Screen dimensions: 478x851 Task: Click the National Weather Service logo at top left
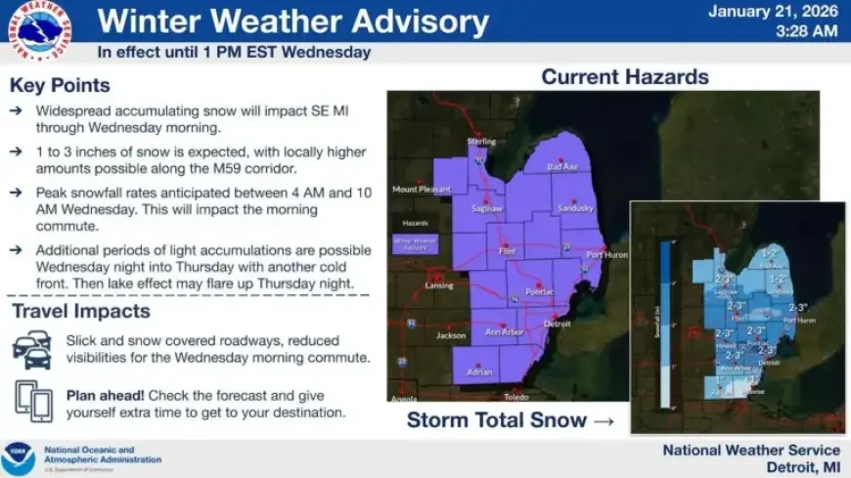pos(40,31)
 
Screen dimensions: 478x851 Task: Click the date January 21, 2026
pos(773,13)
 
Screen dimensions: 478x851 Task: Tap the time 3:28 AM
pos(806,31)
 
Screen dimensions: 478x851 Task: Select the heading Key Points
pos(60,85)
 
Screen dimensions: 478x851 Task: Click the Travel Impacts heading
pos(80,312)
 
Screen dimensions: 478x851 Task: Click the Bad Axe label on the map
pos(562,167)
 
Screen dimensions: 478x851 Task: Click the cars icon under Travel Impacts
pos(32,349)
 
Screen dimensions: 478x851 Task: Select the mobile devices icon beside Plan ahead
pos(33,400)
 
